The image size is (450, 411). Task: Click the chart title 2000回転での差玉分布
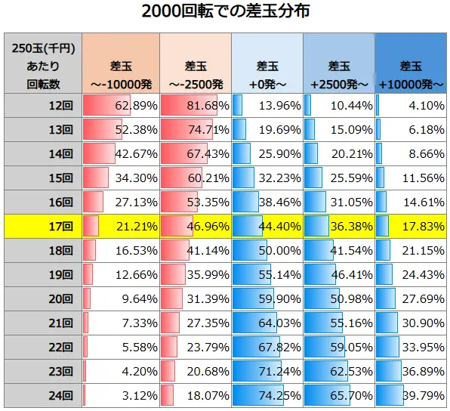point(224,13)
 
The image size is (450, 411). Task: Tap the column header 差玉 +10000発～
point(411,64)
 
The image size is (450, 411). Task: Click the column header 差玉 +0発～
point(267,64)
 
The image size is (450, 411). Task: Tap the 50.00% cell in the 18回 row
point(267,250)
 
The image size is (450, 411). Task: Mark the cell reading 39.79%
point(411,395)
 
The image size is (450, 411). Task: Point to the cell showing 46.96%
point(194,226)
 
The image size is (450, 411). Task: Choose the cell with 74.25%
point(267,395)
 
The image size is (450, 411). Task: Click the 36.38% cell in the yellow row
point(339,226)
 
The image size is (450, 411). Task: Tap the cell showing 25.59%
point(339,178)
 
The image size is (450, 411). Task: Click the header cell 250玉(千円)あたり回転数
point(43,64)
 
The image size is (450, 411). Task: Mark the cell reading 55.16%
point(339,323)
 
